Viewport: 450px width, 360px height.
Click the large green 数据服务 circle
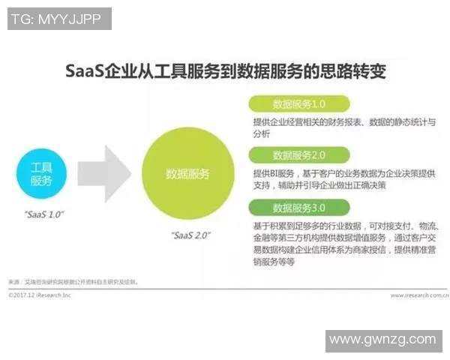click(187, 174)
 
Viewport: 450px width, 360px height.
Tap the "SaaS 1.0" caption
click(43, 214)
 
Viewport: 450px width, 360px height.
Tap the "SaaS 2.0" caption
click(191, 235)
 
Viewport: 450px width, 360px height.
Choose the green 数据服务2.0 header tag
click(298, 155)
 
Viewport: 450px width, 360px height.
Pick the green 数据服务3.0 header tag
click(298, 207)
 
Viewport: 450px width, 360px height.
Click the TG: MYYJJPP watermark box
click(59, 18)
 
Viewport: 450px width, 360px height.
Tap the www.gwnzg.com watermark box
click(382, 340)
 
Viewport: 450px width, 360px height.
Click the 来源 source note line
click(75, 283)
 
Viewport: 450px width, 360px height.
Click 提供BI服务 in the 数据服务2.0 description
click(274, 173)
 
